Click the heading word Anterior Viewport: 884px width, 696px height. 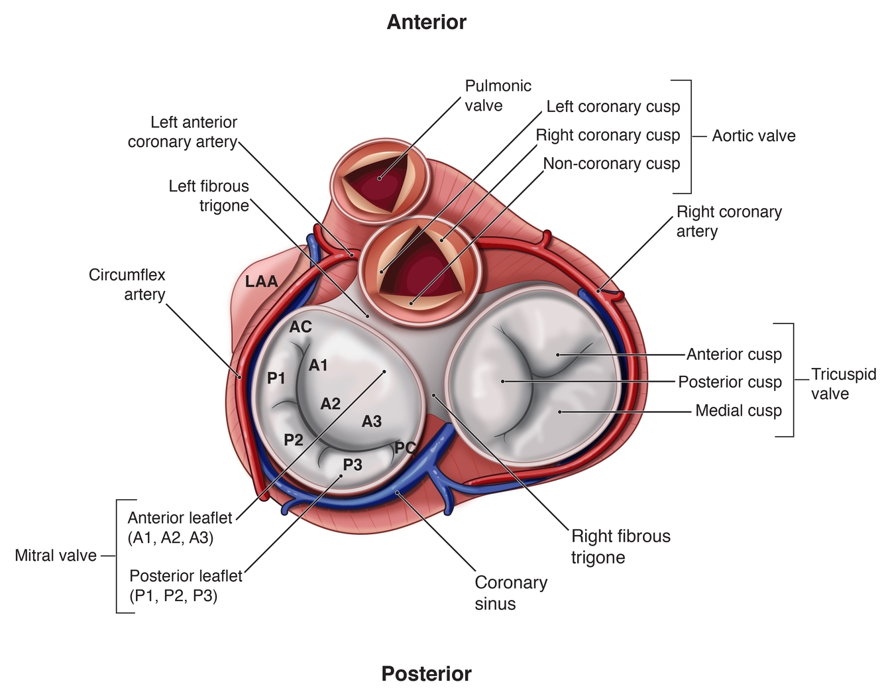point(426,22)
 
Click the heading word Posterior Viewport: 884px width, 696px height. point(426,673)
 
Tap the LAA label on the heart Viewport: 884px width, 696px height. point(262,281)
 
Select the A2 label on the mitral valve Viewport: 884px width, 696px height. point(331,403)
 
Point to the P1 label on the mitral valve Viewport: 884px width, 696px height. point(276,378)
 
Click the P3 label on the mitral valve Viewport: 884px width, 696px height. point(353,465)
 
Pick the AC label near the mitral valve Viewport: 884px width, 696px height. point(300,327)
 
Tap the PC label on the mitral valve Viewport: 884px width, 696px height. point(405,447)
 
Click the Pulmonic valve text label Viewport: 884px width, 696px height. point(498,95)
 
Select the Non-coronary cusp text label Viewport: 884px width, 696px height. point(611,164)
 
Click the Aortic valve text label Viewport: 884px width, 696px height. point(753,136)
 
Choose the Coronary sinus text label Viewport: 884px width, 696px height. point(511,593)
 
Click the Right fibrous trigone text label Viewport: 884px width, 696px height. point(620,546)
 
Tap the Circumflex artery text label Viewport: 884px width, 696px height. point(127,284)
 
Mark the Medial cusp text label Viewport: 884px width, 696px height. point(738,410)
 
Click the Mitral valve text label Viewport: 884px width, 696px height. point(56,555)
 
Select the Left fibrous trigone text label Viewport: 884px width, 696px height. point(209,196)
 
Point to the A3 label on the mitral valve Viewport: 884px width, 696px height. point(372,421)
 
